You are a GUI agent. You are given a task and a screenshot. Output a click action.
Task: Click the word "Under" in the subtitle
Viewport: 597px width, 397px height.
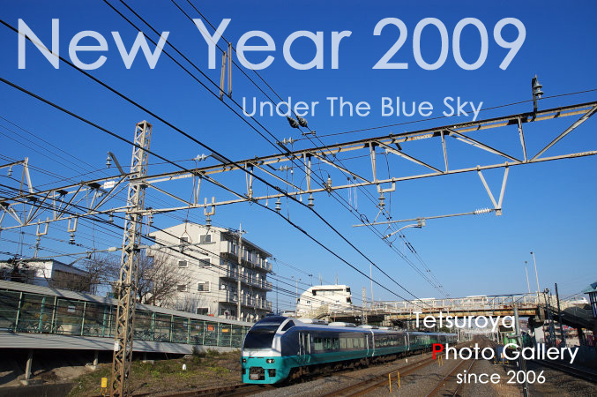pos(280,107)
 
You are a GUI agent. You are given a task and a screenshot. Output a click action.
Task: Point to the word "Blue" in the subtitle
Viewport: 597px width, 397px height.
pos(407,107)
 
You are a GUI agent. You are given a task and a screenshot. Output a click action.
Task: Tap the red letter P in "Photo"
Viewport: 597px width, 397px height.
pos(437,352)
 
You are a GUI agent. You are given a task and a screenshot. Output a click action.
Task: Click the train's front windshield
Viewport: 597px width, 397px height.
pos(261,335)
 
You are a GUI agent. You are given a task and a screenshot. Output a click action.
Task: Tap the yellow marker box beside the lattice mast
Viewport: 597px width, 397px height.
pos(103,383)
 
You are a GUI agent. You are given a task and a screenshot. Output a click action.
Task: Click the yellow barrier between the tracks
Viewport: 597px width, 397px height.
pos(394,380)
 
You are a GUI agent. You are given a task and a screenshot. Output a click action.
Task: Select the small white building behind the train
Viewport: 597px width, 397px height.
pos(324,300)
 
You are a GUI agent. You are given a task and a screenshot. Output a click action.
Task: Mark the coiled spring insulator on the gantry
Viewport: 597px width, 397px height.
pos(484,211)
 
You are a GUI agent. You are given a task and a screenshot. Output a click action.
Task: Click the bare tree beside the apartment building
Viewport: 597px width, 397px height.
pos(161,277)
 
